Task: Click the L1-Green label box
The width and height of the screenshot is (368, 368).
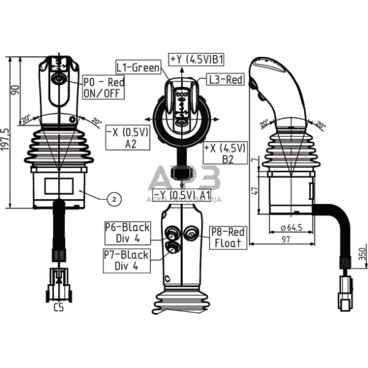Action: pos(138,66)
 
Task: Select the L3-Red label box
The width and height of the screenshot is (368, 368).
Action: pos(224,79)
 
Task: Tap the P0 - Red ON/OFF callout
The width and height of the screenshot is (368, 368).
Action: pos(103,88)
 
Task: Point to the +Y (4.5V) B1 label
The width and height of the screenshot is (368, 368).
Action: pos(197,59)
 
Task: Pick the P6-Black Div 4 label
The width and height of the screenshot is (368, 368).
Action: pos(127,233)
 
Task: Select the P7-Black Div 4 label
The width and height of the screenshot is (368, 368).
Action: pos(126,260)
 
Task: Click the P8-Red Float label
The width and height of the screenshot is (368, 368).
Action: pos(227,237)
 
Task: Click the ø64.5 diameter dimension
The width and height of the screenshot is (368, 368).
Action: pos(291,227)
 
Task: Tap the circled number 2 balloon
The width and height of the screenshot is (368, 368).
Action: pos(114,199)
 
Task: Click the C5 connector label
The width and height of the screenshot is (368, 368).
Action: pos(59,307)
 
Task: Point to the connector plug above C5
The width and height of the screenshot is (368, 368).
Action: pos(58,284)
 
